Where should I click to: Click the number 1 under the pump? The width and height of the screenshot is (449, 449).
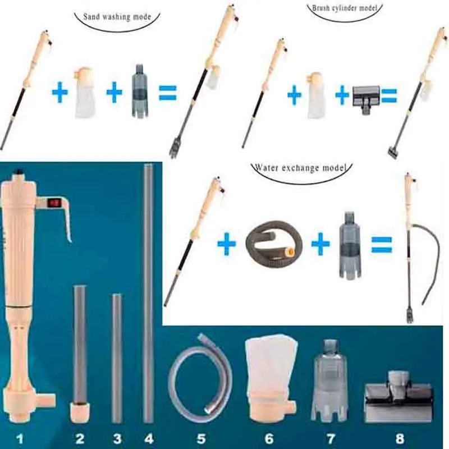click(x=20, y=438)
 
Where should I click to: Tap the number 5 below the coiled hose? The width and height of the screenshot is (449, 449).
click(x=201, y=438)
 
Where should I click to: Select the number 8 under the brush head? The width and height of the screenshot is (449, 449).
click(x=400, y=438)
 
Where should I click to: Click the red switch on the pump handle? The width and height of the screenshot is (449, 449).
click(x=53, y=203)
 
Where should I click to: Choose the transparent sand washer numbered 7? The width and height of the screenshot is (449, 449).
click(x=330, y=381)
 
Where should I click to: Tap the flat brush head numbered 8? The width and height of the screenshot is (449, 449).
click(x=398, y=397)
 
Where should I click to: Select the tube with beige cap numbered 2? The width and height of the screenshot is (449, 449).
click(x=80, y=354)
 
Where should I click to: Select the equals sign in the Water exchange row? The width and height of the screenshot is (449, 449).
click(x=382, y=245)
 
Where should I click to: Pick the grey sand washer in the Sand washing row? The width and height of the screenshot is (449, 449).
click(x=140, y=91)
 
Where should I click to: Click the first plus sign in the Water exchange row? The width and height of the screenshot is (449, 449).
click(x=227, y=244)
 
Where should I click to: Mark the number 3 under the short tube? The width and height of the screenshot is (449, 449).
click(x=117, y=438)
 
